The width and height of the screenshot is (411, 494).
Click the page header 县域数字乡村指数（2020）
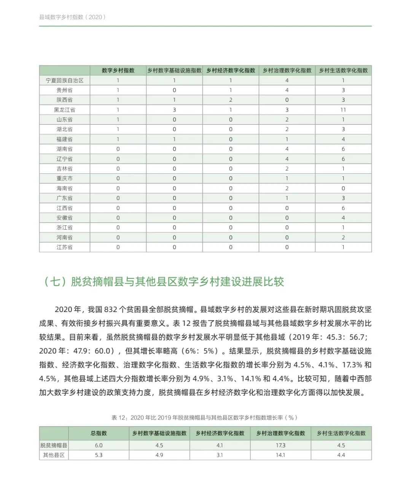73,17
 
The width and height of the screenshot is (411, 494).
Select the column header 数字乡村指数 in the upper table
118,70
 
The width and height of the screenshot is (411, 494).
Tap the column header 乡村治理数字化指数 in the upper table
287,70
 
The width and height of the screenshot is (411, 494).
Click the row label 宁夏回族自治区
65,80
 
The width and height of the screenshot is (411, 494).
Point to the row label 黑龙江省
65,110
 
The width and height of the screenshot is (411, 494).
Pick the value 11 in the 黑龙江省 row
343,110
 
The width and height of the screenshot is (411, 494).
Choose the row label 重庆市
65,178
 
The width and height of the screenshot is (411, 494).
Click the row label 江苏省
65,247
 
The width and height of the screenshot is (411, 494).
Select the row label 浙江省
65,227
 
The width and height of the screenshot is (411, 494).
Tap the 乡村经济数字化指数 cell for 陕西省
231,100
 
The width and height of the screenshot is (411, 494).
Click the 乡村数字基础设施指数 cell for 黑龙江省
174,110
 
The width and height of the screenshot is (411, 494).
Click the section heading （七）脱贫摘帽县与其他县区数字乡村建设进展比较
164,282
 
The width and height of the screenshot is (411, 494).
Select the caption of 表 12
205,417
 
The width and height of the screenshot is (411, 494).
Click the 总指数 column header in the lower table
99,433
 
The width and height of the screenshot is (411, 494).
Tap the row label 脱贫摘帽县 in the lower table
54,445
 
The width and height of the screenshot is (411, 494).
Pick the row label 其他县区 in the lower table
54,455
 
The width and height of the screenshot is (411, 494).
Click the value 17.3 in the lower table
280,445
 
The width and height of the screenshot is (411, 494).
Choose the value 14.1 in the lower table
280,455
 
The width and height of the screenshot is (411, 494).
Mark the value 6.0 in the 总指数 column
99,445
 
